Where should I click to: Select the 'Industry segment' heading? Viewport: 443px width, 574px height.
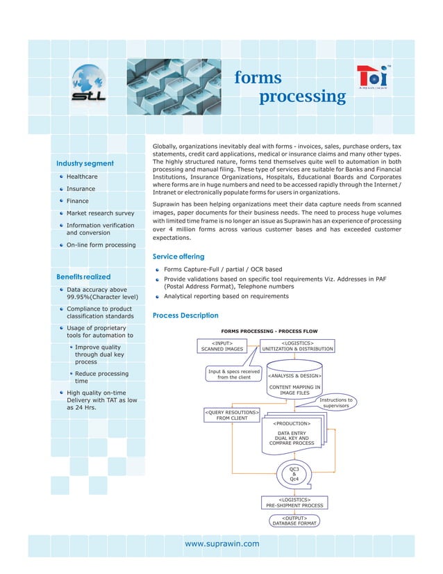click(85, 163)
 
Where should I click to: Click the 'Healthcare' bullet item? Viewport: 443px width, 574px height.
click(81, 177)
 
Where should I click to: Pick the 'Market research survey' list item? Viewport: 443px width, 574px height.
click(100, 213)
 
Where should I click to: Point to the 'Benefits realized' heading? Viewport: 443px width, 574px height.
click(83, 277)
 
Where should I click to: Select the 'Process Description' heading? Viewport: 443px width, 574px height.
click(185, 315)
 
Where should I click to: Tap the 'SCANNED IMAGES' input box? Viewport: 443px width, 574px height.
click(222, 346)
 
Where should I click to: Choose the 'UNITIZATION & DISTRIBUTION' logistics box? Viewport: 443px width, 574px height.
click(297, 346)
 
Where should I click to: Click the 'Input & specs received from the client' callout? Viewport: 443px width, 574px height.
click(234, 375)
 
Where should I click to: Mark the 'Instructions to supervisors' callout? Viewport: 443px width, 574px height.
click(336, 403)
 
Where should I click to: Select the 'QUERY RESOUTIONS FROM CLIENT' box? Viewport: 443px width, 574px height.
click(232, 415)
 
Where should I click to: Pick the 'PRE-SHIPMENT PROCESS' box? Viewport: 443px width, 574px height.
click(295, 502)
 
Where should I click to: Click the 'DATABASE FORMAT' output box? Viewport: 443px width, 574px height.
click(294, 520)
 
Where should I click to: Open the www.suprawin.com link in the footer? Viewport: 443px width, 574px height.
click(221, 543)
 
